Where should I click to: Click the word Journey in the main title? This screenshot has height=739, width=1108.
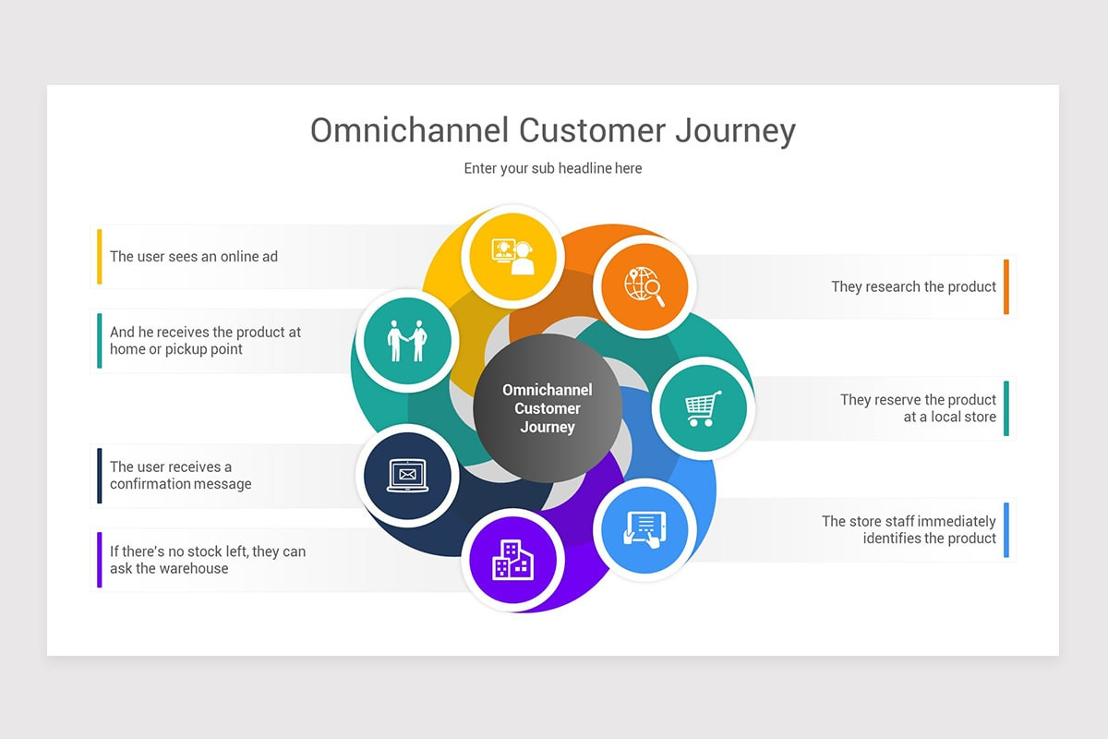[736, 131]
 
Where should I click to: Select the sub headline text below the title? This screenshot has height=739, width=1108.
[552, 168]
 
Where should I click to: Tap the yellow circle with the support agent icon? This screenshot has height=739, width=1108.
[512, 257]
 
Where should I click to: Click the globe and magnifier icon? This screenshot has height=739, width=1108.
[644, 286]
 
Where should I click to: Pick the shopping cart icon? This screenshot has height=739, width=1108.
[704, 408]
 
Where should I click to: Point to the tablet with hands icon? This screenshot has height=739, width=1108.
[644, 529]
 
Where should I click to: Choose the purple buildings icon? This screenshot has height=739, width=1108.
[513, 560]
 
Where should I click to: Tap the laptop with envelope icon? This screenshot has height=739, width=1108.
[407, 476]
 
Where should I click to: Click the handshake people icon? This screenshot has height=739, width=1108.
[407, 341]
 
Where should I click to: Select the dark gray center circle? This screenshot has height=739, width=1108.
[548, 408]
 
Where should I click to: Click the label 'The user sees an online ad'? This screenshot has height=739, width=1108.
[193, 257]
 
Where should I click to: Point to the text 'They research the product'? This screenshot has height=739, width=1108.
[913, 286]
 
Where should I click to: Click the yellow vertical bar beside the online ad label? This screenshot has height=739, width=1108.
[100, 257]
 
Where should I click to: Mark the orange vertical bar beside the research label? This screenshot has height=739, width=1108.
[1006, 286]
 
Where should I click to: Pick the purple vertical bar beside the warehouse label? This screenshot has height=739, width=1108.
[100, 560]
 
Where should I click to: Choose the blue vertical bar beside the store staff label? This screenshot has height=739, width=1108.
[1006, 529]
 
